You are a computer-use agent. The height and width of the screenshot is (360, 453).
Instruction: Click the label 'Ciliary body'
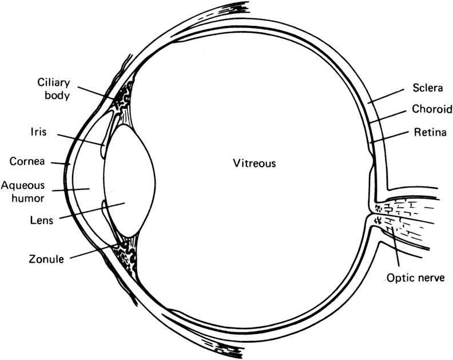click(x=54, y=90)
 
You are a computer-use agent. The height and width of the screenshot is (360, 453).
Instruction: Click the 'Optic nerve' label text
click(x=415, y=279)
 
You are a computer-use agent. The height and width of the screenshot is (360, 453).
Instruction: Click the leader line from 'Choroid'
click(x=389, y=116)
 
